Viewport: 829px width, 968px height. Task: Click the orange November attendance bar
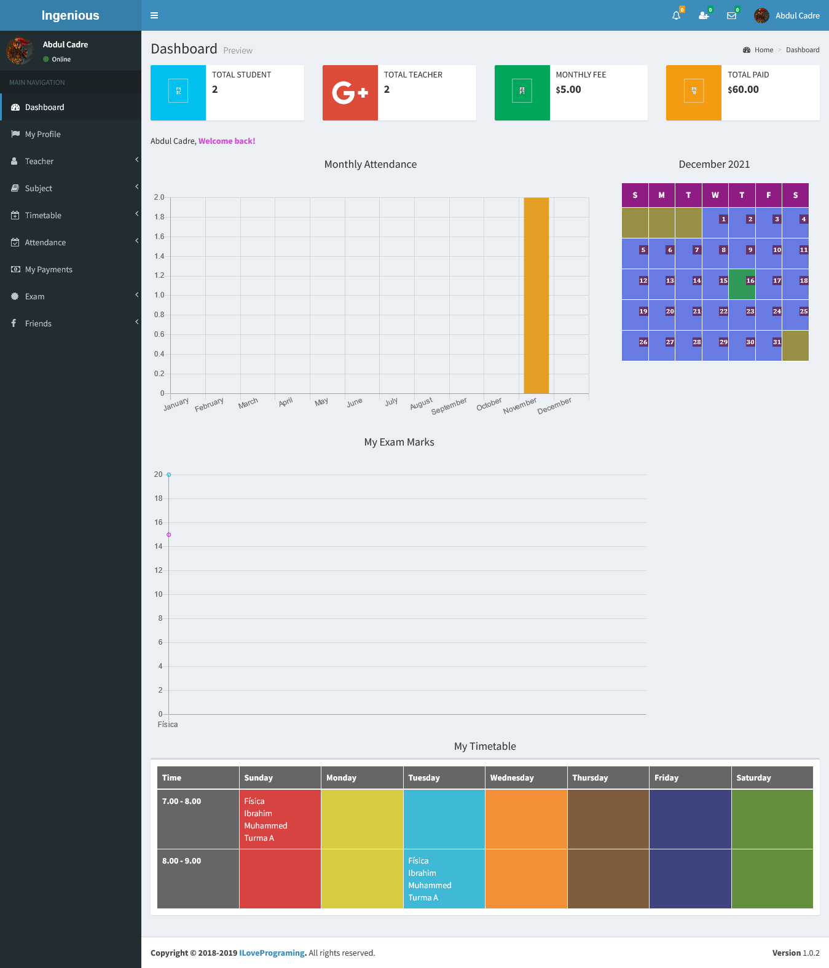point(536,295)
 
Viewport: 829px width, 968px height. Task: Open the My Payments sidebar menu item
point(49,269)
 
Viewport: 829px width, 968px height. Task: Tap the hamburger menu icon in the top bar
point(154,15)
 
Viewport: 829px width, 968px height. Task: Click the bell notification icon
point(676,16)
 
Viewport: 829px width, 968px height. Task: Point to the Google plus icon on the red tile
point(350,93)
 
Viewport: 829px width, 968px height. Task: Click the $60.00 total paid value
point(743,90)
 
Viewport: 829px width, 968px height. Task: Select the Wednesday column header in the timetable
point(512,777)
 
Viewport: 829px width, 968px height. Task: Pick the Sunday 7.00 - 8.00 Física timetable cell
point(280,819)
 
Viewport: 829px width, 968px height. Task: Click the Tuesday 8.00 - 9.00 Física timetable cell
point(444,878)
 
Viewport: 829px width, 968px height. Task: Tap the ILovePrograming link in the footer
point(272,953)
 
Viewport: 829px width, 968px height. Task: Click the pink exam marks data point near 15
point(169,535)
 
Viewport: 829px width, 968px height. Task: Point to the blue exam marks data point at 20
point(169,474)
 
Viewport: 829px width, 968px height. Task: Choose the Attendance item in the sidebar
point(45,242)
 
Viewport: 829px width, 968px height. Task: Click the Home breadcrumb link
point(764,50)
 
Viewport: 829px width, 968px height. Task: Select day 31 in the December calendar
point(777,342)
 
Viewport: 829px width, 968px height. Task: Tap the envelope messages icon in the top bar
point(731,16)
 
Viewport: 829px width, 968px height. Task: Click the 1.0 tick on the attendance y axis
point(159,295)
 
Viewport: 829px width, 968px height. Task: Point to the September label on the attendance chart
point(449,406)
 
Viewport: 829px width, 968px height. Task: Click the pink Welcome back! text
point(227,141)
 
